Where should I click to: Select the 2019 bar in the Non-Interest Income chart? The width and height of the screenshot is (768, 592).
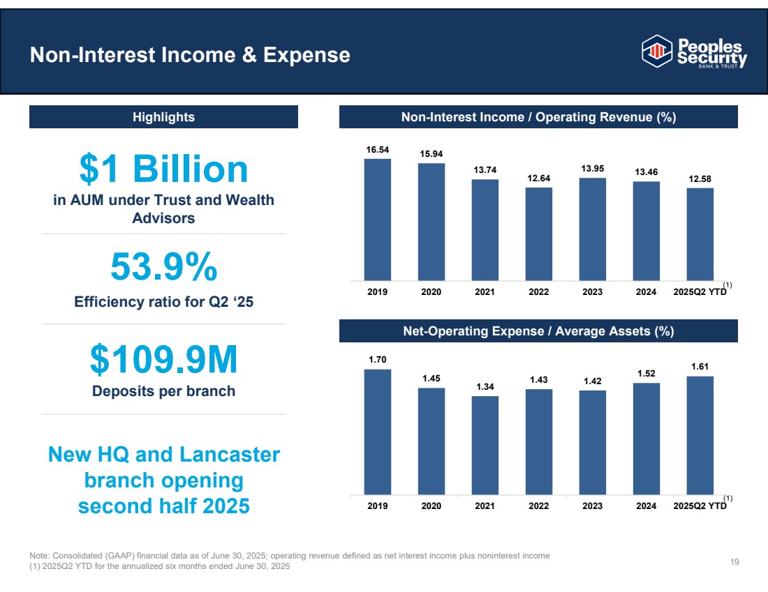pyautogui.click(x=378, y=218)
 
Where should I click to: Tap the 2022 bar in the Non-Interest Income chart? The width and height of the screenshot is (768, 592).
pyautogui.click(x=539, y=233)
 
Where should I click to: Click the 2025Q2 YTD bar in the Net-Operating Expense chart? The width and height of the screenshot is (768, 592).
pyautogui.click(x=700, y=435)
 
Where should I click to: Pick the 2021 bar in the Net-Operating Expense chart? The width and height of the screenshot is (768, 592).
pyautogui.click(x=485, y=445)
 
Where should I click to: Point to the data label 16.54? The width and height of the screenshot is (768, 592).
pyautogui.click(x=378, y=149)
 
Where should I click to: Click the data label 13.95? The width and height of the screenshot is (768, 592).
pyautogui.click(x=593, y=169)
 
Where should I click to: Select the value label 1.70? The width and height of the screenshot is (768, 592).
pyautogui.click(x=378, y=359)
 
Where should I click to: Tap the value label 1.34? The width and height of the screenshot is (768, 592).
pyautogui.click(x=485, y=386)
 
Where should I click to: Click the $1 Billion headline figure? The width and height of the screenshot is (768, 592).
pyautogui.click(x=163, y=169)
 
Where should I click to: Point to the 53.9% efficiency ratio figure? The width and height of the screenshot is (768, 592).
pyautogui.click(x=163, y=268)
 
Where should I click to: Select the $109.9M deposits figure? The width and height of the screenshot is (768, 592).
pyautogui.click(x=163, y=360)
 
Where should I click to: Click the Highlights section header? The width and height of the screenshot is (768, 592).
pyautogui.click(x=163, y=117)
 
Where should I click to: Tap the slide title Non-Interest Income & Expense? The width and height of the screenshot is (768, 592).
pyautogui.click(x=190, y=55)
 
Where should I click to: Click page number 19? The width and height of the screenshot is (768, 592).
pyautogui.click(x=734, y=562)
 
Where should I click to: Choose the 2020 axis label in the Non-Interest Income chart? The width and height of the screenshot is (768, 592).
pyautogui.click(x=431, y=292)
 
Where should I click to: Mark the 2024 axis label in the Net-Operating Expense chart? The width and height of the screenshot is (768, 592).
pyautogui.click(x=646, y=506)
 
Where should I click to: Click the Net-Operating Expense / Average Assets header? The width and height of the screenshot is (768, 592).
pyautogui.click(x=538, y=331)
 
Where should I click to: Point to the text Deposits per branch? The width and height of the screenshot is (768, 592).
pyautogui.click(x=163, y=391)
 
